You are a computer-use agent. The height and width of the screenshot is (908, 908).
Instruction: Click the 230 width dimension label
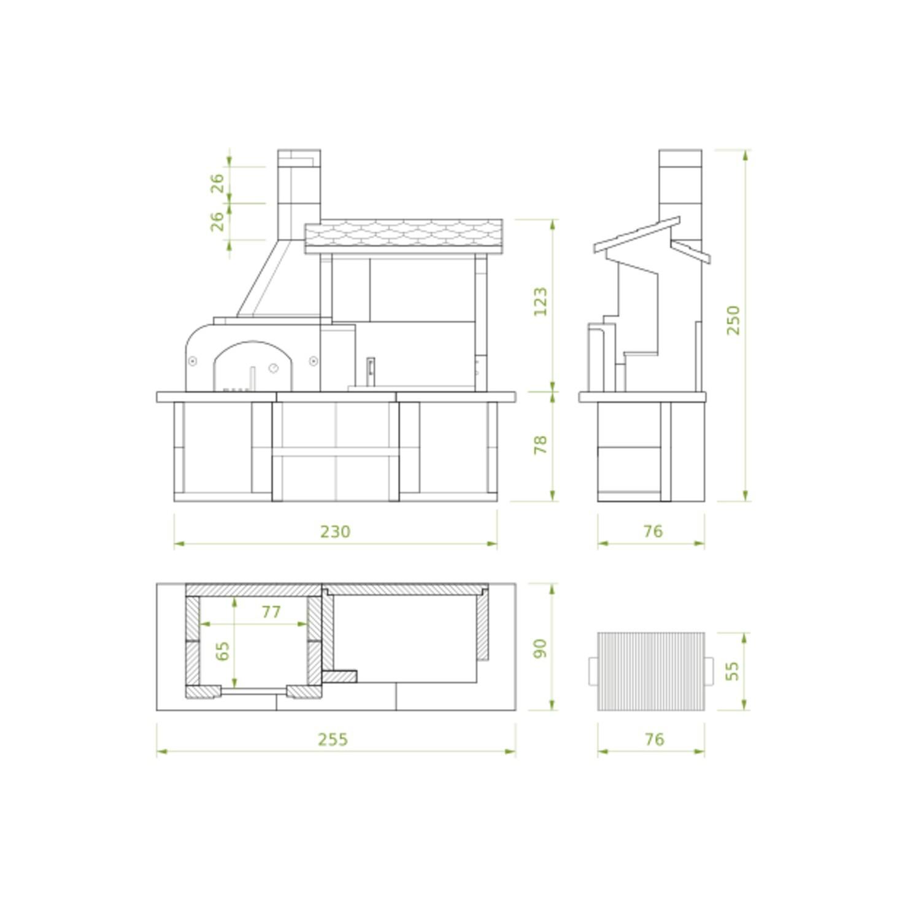pyautogui.click(x=335, y=531)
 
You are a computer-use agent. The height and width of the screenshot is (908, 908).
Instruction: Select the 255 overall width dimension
pyautogui.click(x=333, y=739)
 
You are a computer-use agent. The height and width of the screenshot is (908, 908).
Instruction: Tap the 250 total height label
pyautogui.click(x=733, y=320)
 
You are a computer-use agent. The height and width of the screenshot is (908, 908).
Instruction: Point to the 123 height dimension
pyautogui.click(x=541, y=301)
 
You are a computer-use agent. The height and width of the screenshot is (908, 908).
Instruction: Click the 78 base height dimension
pyautogui.click(x=541, y=445)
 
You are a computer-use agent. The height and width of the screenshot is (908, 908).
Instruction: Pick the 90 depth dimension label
pyautogui.click(x=541, y=648)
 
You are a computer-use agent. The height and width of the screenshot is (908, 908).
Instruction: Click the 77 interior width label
pyautogui.click(x=271, y=612)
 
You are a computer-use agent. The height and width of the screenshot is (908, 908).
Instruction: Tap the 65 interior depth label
pyautogui.click(x=223, y=651)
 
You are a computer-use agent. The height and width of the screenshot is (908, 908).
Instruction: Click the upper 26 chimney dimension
pyautogui.click(x=218, y=183)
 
